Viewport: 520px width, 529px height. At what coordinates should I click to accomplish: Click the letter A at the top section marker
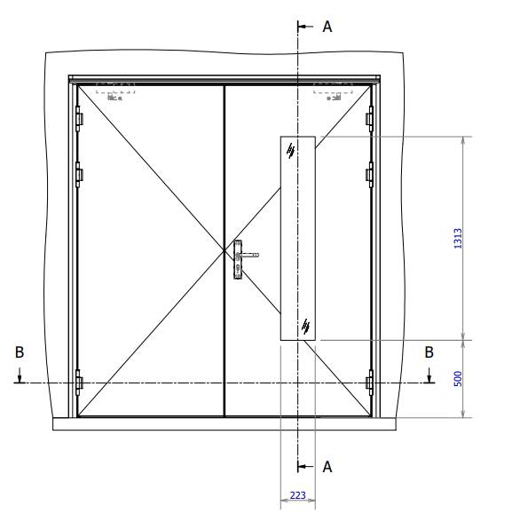[x=327, y=28]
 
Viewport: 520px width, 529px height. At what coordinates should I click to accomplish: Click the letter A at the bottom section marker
[x=327, y=467]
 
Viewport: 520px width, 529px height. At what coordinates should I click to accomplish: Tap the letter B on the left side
[x=20, y=352]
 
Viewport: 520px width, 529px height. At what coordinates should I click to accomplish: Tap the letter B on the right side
[x=429, y=352]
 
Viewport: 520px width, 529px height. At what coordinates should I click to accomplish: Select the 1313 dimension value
[x=455, y=238]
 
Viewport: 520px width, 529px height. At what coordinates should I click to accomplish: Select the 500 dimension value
[x=455, y=378]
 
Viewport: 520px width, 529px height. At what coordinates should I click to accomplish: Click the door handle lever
[x=248, y=255]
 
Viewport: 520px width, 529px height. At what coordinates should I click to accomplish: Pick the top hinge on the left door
[x=79, y=118]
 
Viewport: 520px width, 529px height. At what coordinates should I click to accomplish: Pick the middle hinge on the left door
[x=79, y=174]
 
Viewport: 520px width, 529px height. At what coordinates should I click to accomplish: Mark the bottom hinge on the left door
[x=79, y=383]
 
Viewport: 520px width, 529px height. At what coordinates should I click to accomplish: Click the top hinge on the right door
[x=370, y=118]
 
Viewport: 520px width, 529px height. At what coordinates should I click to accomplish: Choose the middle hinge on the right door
[x=370, y=174]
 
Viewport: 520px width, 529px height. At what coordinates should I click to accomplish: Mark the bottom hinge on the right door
[x=370, y=383]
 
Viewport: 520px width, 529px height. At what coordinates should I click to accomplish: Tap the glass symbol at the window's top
[x=291, y=152]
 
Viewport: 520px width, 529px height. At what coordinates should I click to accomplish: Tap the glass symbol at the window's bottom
[x=305, y=326]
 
